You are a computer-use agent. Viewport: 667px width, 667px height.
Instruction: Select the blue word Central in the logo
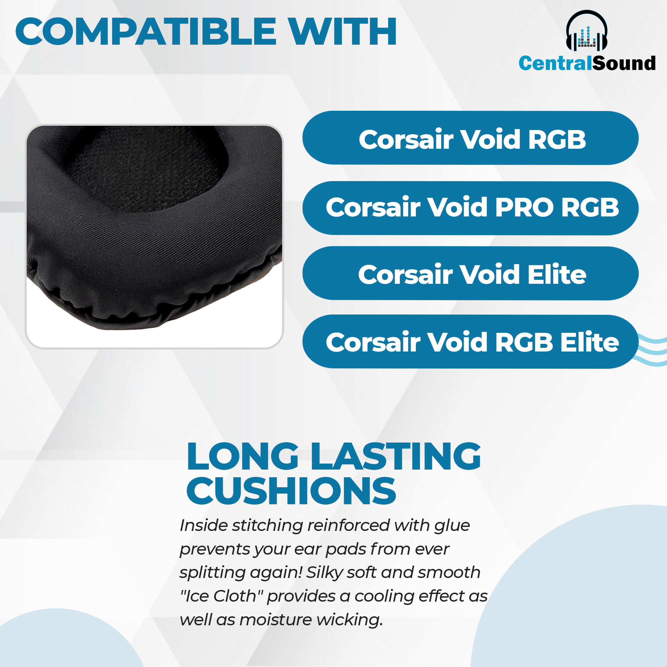[555, 63]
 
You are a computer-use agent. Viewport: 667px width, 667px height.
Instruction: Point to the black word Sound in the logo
[624, 63]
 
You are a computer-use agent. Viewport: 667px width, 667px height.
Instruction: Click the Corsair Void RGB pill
[471, 138]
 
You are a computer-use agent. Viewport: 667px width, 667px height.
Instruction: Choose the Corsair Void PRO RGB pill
[471, 208]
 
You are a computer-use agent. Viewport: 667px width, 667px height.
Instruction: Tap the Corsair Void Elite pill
[471, 273]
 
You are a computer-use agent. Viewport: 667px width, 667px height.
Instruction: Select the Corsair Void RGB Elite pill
[471, 342]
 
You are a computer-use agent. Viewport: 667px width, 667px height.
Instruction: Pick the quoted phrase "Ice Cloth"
[222, 596]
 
